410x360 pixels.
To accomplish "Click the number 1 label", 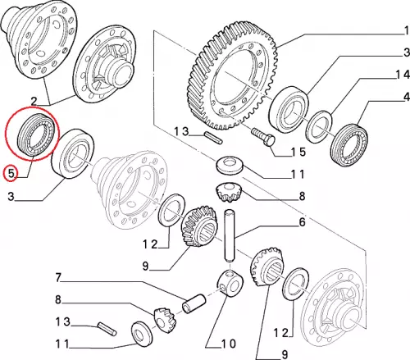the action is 407,30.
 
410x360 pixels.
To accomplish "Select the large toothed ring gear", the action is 232,75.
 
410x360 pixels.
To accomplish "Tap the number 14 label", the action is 403,75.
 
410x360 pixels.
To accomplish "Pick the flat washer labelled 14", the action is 319,126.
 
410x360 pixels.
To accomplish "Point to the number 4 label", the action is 407,97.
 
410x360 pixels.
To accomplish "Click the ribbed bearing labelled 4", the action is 349,145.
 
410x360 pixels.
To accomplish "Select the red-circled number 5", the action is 11,173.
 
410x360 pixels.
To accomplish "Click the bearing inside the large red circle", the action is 35,134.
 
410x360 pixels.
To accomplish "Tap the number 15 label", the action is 298,152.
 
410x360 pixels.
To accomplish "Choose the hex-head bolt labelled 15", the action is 262,138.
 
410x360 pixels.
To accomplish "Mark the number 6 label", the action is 302,222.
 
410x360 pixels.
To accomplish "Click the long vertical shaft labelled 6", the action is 230,235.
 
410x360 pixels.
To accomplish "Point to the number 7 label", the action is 58,277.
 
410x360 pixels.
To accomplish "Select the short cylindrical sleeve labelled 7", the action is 194,303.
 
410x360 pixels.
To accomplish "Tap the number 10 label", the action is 229,344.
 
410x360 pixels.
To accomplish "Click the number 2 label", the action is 34,102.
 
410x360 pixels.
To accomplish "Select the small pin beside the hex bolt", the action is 213,138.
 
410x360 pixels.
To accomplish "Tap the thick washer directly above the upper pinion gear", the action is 230,165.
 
